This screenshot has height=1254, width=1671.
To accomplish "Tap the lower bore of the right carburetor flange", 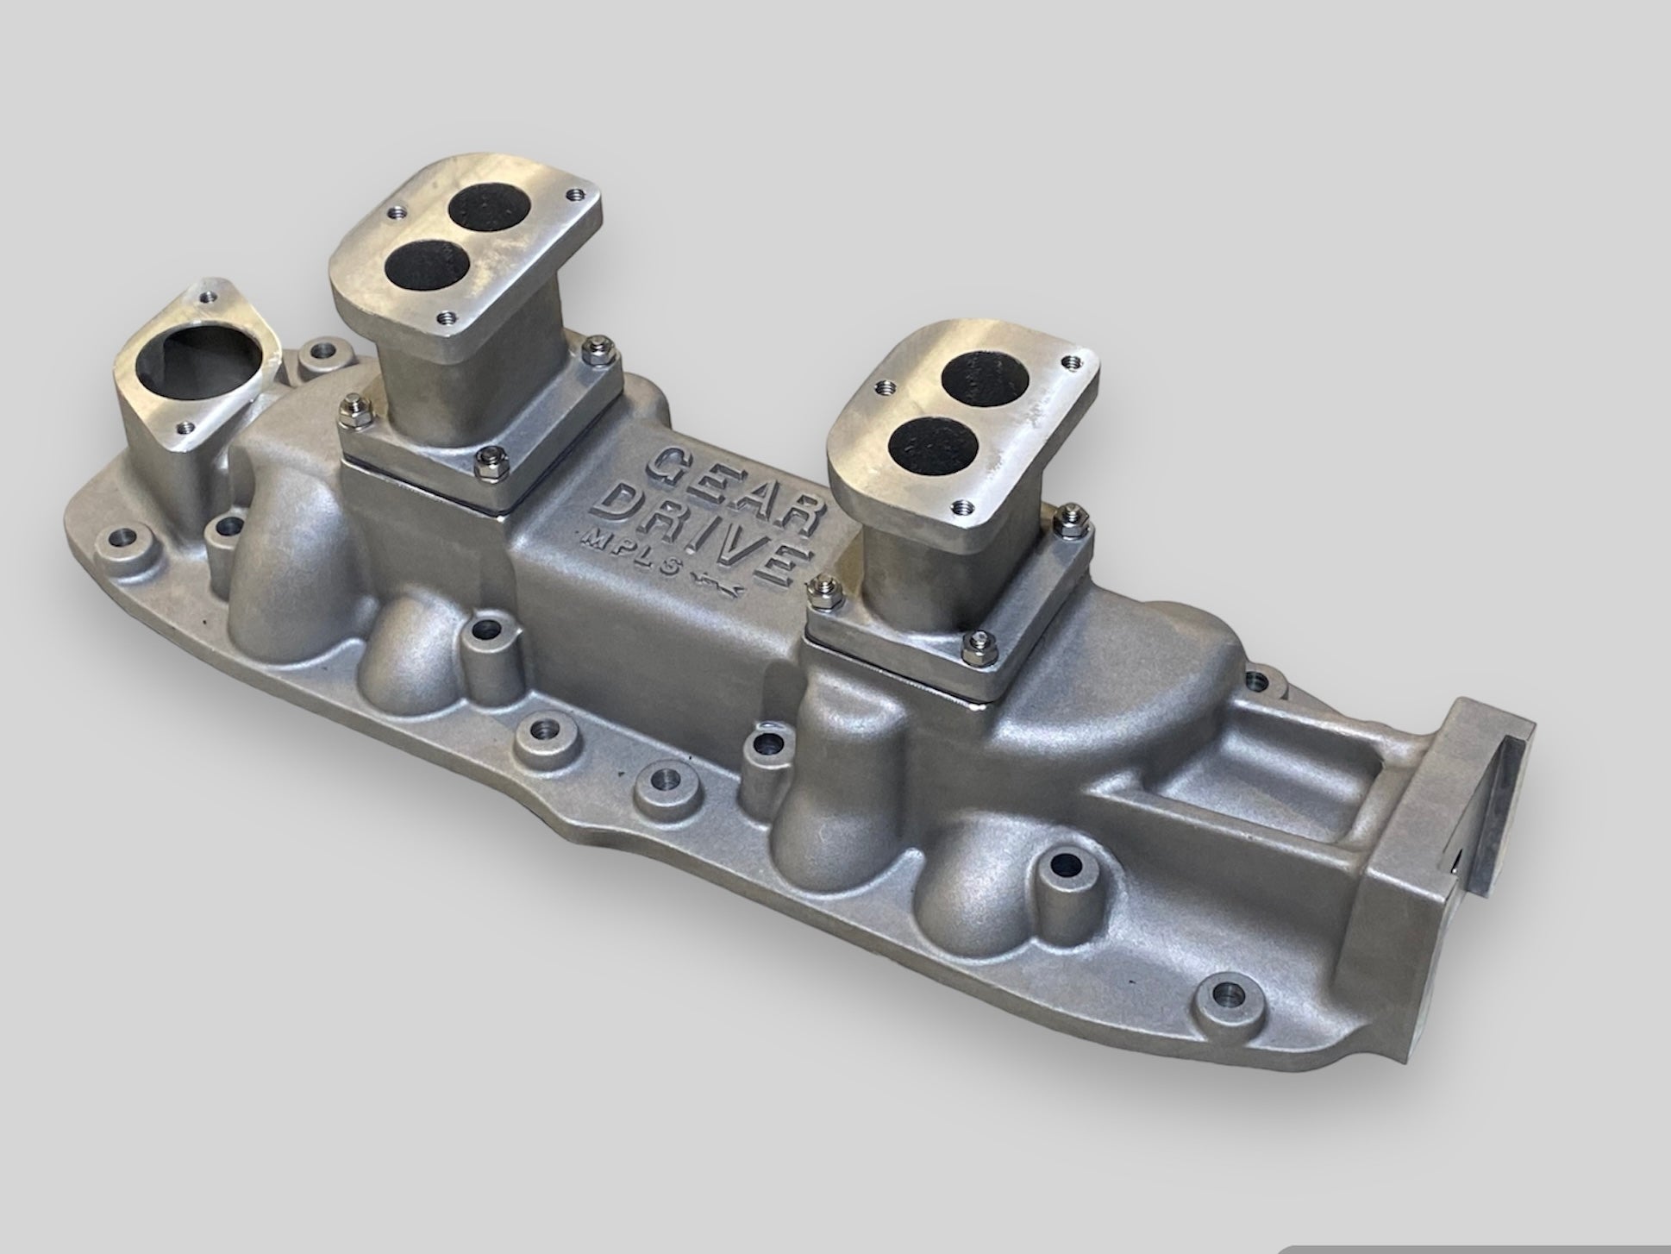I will [x=923, y=447].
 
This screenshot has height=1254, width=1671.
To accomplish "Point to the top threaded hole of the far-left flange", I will [x=205, y=297].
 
